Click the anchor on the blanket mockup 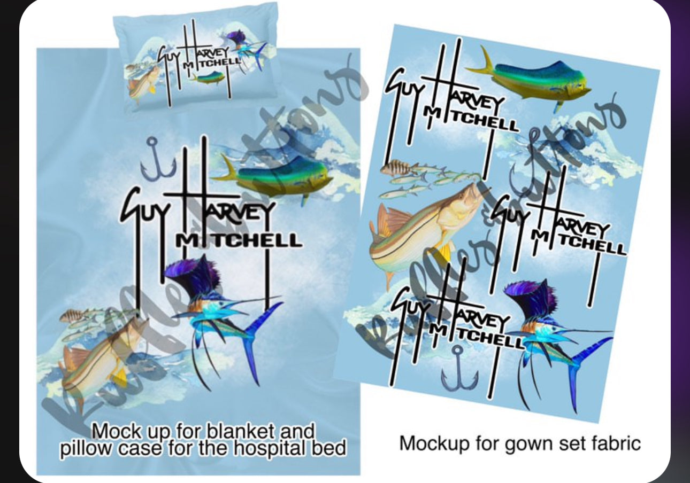pyautogui.click(x=151, y=159)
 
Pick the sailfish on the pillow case pyautogui.click(x=246, y=45)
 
